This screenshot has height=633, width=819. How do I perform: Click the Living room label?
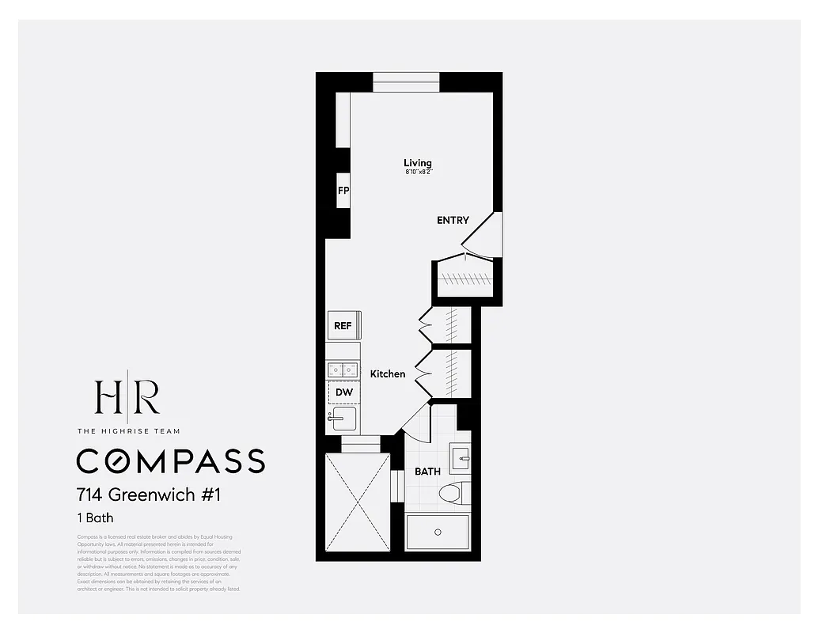coord(418,163)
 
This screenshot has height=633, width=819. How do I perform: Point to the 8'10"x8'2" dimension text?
coord(418,172)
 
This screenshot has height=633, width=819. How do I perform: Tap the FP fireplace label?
coord(343,191)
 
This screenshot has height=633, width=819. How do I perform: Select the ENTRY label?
coord(453,221)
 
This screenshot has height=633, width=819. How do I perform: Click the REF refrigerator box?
coord(343,325)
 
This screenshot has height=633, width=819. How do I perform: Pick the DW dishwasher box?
coord(343,392)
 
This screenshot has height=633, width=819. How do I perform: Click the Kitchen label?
coord(388,373)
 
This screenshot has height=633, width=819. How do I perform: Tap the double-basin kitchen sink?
coord(343,369)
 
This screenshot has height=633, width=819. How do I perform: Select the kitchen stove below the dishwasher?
coord(343,419)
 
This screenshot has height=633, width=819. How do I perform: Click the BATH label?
coord(427,472)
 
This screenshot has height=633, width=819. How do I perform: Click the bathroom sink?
coord(460,457)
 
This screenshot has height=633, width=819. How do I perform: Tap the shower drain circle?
coord(438,532)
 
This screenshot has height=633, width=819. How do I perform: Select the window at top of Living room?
coord(406,82)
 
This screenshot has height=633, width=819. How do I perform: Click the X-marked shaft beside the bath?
coord(357,502)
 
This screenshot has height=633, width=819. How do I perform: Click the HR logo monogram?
coord(127,398)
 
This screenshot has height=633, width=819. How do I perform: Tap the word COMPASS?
coord(170,461)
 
